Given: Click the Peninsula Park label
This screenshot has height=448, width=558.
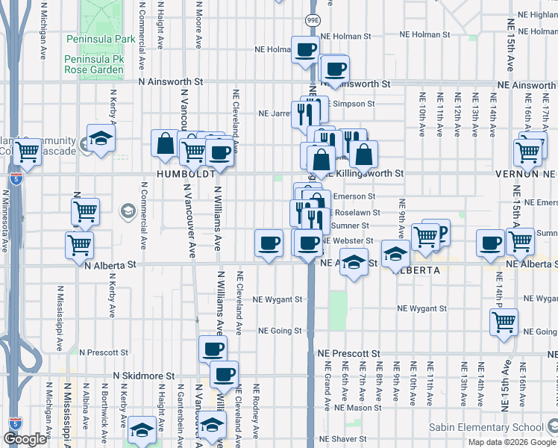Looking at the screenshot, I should tap(100, 39).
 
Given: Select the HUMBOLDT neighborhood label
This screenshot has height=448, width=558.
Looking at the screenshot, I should tap(186, 173).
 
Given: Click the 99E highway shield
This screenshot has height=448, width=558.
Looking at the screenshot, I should tap(313, 20).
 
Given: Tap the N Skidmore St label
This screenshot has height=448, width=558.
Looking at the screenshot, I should tap(143, 376).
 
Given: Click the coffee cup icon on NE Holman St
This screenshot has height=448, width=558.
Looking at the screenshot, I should tap(304, 49).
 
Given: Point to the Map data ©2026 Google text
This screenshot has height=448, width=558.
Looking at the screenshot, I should tap(512, 442).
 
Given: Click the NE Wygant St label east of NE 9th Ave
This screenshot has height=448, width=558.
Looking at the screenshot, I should tap(421, 308).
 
